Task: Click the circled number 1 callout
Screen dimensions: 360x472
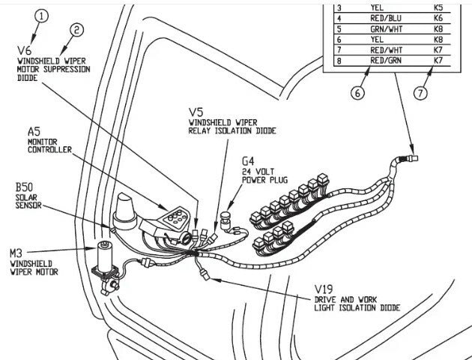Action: point(42,16)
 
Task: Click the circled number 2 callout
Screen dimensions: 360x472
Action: point(76,30)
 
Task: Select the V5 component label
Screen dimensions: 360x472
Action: point(196,109)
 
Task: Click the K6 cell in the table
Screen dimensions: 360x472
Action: point(438,16)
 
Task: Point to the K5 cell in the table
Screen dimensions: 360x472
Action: point(438,6)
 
